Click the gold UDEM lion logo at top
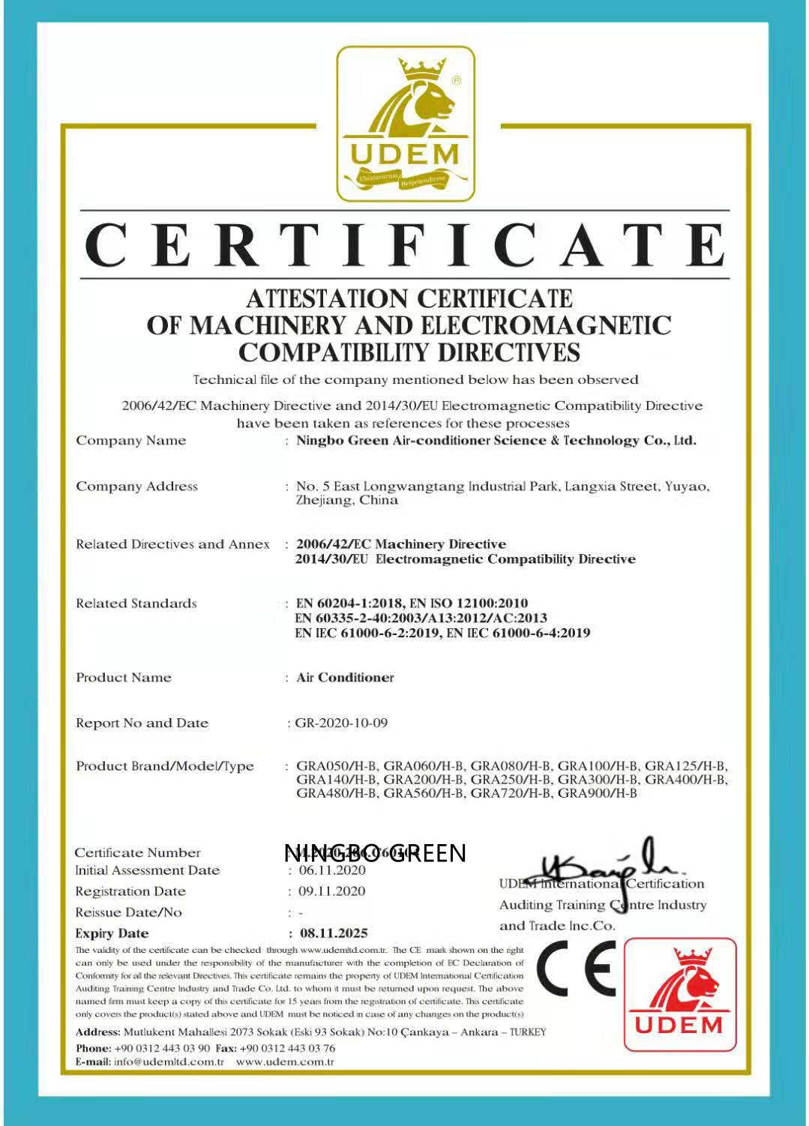pyautogui.click(x=406, y=124)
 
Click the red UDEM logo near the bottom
pyautogui.click(x=680, y=994)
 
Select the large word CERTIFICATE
pyautogui.click(x=405, y=244)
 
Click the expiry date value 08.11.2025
pyautogui.click(x=334, y=933)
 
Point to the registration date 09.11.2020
pyautogui.click(x=332, y=891)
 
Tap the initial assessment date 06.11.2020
pyautogui.click(x=332, y=870)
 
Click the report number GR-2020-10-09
pyautogui.click(x=341, y=723)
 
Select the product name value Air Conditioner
pyautogui.click(x=345, y=678)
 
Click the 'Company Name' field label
pyautogui.click(x=130, y=441)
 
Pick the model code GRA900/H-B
pyautogui.click(x=598, y=793)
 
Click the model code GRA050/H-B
pyautogui.click(x=337, y=766)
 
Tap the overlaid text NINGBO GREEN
pyautogui.click(x=375, y=853)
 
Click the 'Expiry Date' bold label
pyautogui.click(x=112, y=933)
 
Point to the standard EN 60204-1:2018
pyautogui.click(x=350, y=603)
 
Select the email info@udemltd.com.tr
pyautogui.click(x=169, y=1062)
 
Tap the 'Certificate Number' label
pyautogui.click(x=138, y=853)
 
